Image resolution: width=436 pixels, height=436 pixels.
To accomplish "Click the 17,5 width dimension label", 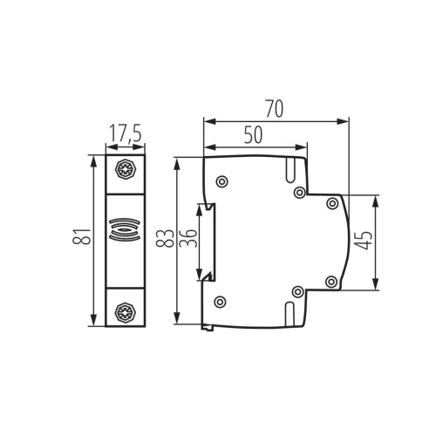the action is tap(126, 133).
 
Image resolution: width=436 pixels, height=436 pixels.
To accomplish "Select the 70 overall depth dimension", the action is tap(274, 109).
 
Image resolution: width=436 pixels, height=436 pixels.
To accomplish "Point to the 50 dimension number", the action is tap(253, 134).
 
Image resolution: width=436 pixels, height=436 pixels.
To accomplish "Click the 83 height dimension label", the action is tap(165, 238).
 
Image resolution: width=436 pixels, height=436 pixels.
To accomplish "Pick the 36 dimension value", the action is tap(187, 238).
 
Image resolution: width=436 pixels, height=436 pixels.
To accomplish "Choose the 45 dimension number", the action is tap(364, 240).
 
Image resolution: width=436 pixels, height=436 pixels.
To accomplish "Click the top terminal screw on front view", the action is tap(126, 169).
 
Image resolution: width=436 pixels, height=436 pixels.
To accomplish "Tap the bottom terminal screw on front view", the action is tap(126, 313).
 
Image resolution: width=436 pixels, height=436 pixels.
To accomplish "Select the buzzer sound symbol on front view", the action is tap(125, 229).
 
